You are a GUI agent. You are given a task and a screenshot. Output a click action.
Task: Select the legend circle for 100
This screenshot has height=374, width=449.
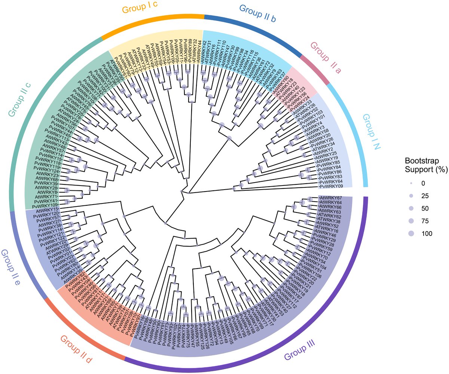[x=411, y=233]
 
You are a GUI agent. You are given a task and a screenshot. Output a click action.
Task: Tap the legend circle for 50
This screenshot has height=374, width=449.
[x=411, y=208]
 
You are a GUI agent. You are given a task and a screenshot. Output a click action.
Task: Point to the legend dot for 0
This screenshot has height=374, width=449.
[x=411, y=183]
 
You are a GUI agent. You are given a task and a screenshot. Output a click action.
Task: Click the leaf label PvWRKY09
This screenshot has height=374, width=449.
[x=332, y=186]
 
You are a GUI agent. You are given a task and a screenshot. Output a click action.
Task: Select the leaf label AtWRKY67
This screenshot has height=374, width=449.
[x=331, y=197]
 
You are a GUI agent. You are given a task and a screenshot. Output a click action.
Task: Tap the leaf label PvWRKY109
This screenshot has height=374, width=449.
[x=44, y=206]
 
